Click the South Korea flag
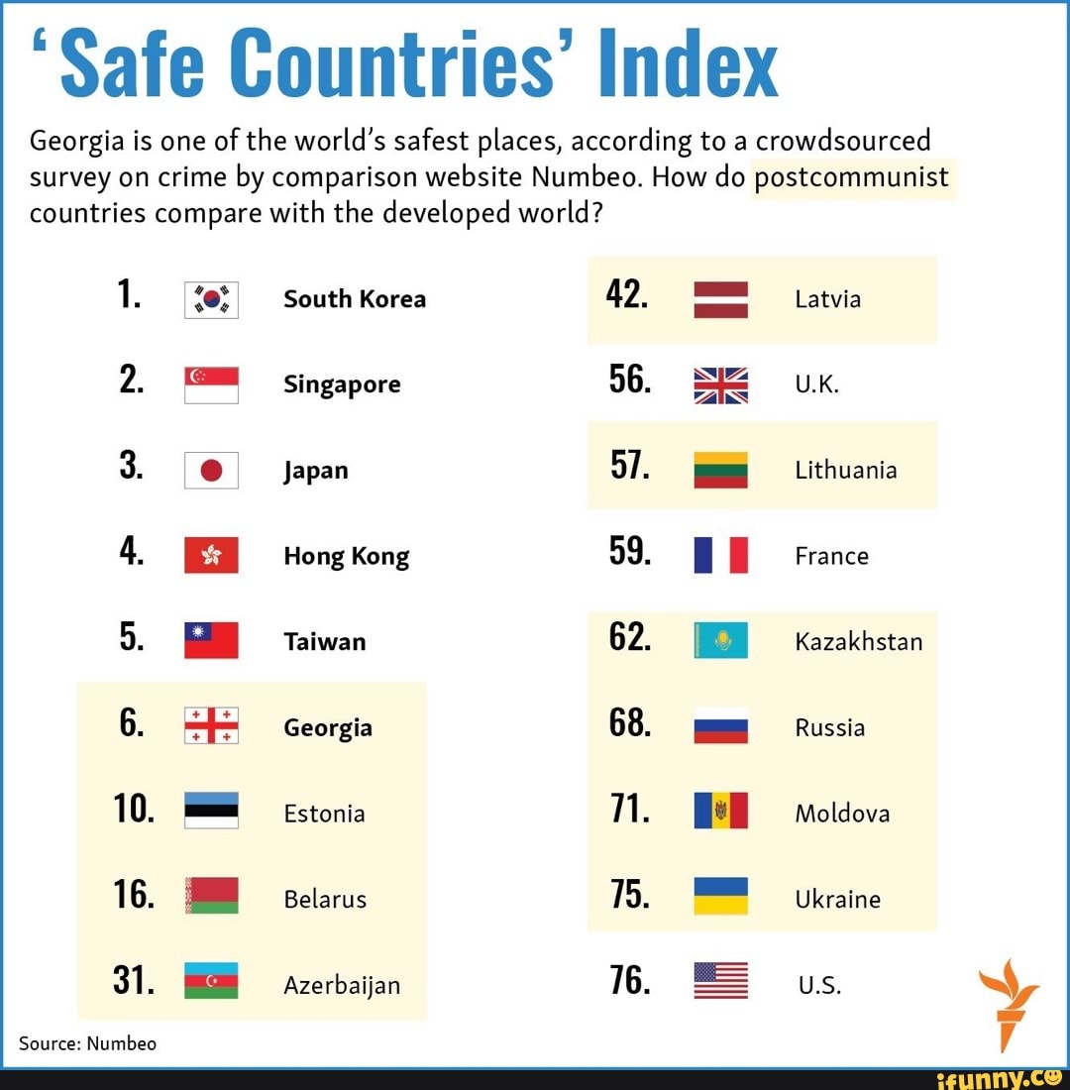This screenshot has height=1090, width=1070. point(211,299)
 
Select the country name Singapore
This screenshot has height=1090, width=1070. point(342,384)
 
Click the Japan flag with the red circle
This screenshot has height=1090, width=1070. point(211,471)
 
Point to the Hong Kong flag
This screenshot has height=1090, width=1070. point(211,556)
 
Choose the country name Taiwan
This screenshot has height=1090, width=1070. point(324,642)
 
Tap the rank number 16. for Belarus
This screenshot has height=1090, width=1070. point(135,897)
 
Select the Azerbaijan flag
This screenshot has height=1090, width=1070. point(211,981)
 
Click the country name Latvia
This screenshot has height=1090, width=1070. point(827,299)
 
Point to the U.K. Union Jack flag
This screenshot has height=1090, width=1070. point(720,385)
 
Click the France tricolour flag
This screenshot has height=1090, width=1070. point(720,556)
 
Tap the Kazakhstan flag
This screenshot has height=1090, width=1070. point(720,641)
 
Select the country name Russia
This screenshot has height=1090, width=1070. point(829,728)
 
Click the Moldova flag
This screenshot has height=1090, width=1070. point(720,812)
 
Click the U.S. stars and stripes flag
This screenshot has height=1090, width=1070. point(720,981)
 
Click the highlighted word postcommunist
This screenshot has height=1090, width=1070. point(852,178)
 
